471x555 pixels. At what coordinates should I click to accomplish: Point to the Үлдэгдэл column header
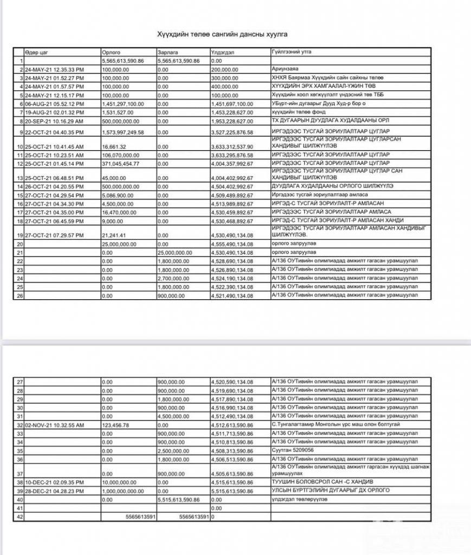[x=221, y=52]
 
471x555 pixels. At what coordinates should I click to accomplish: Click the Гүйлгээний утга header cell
[x=290, y=52]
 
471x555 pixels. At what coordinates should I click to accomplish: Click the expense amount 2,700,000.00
[x=175, y=279]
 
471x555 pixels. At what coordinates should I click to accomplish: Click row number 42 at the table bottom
[x=21, y=517]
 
